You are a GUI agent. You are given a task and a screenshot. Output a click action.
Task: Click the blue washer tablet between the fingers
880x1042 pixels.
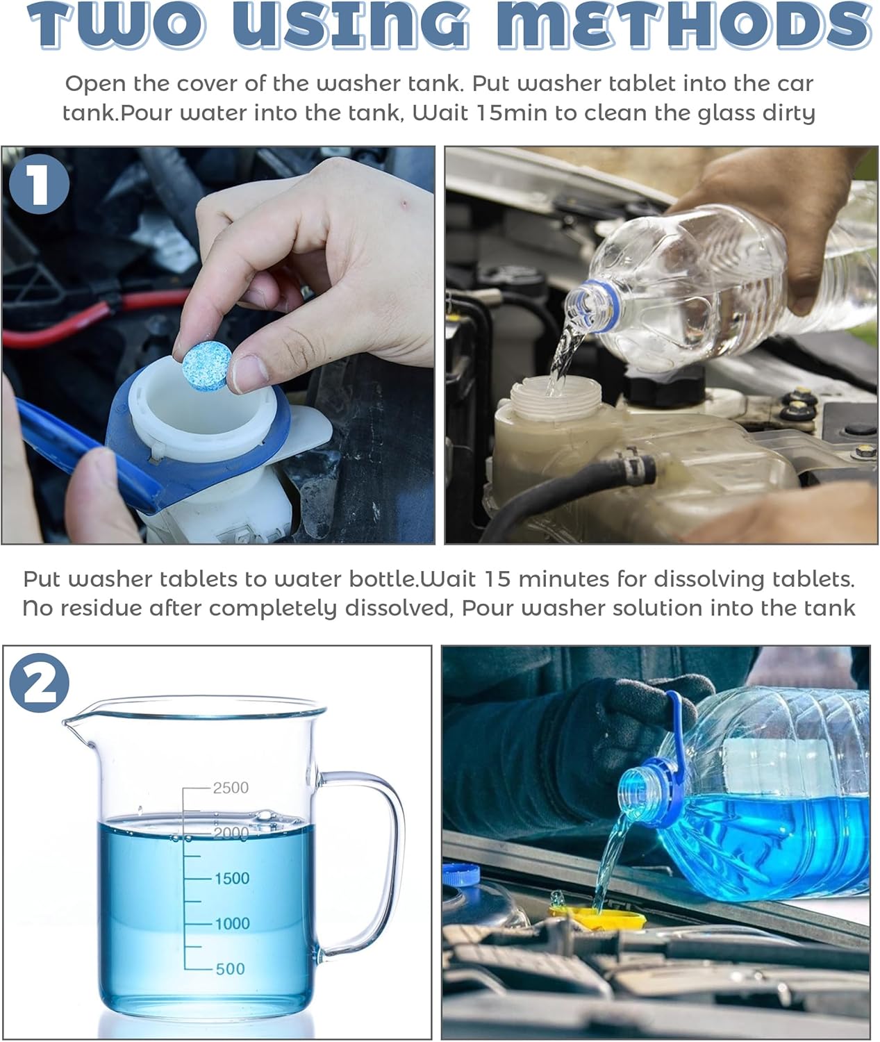tap(206, 366)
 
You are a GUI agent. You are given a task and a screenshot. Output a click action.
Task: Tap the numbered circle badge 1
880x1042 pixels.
tap(39, 184)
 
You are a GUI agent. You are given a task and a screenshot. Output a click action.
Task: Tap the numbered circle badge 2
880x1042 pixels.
tap(40, 683)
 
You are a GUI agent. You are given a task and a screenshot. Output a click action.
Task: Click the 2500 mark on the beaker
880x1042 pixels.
tap(231, 788)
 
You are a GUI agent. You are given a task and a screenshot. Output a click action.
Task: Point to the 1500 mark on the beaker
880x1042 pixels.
tap(232, 878)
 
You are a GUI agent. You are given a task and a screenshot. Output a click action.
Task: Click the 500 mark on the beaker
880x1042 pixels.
tap(230, 969)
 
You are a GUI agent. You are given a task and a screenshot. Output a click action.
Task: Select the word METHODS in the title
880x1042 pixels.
tap(684, 25)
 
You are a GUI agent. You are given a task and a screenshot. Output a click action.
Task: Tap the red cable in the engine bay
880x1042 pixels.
tap(94, 315)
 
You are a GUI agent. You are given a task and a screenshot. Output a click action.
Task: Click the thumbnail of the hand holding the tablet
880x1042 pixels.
tap(218, 345)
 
